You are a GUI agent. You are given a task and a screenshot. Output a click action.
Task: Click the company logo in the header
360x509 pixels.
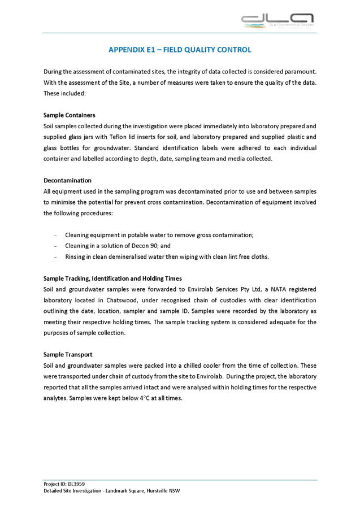tap(277, 21)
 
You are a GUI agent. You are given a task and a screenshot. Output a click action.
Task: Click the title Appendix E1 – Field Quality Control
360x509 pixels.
tap(180, 50)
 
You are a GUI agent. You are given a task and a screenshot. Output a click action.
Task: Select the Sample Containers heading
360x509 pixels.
tap(66, 115)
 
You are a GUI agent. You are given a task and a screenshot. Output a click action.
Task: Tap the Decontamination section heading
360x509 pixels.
tap(67, 180)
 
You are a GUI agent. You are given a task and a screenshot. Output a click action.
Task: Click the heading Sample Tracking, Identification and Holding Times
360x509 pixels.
tap(112, 279)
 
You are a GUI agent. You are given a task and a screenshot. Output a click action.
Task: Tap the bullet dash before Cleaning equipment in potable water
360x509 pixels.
tap(55, 234)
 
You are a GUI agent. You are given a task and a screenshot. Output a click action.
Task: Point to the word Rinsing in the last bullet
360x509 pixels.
tap(75, 257)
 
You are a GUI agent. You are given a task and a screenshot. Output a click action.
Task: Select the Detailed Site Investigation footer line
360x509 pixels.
tap(111, 491)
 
